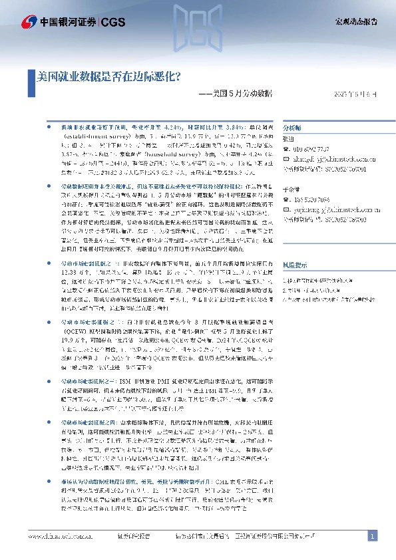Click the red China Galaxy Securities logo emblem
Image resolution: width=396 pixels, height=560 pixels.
[x=29, y=21]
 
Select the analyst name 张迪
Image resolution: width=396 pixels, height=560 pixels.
[x=288, y=139]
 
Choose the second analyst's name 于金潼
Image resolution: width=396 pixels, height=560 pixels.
[x=291, y=190]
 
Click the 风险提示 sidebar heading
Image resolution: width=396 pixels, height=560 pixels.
[x=296, y=264]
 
